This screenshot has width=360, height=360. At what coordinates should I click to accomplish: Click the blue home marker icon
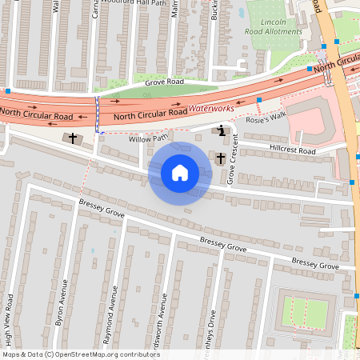coord(179,172)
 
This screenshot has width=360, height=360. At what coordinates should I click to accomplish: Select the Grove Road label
coord(164,82)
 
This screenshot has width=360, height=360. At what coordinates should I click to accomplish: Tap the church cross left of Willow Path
coord(73,138)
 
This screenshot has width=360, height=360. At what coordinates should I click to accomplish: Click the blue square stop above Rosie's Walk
coord(259,100)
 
